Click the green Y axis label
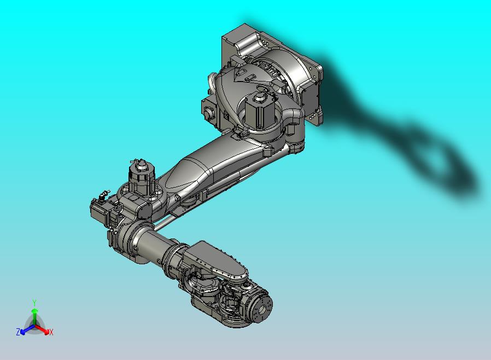[34, 302]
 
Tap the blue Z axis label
[18, 332]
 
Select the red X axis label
[51, 332]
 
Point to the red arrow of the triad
[44, 329]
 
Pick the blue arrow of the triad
[25, 329]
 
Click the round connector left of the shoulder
[208, 114]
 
